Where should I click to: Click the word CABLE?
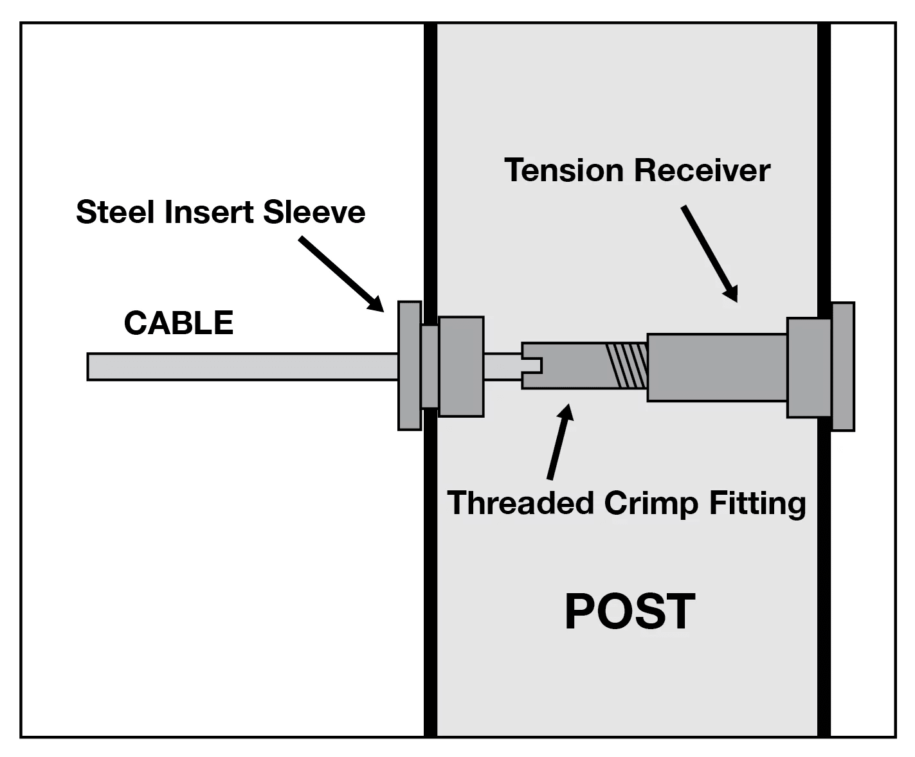pyautogui.click(x=178, y=323)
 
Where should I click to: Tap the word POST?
pyautogui.click(x=630, y=612)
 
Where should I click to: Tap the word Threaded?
pyautogui.click(x=520, y=503)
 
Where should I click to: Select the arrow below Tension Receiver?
pyautogui.click(x=709, y=253)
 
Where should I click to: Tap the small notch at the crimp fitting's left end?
pyautogui.click(x=533, y=366)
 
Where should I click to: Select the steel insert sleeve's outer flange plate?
pyautogui.click(x=409, y=365)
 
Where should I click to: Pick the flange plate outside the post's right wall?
pyautogui.click(x=843, y=366)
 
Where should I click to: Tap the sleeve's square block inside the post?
pyautogui.click(x=460, y=366)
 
